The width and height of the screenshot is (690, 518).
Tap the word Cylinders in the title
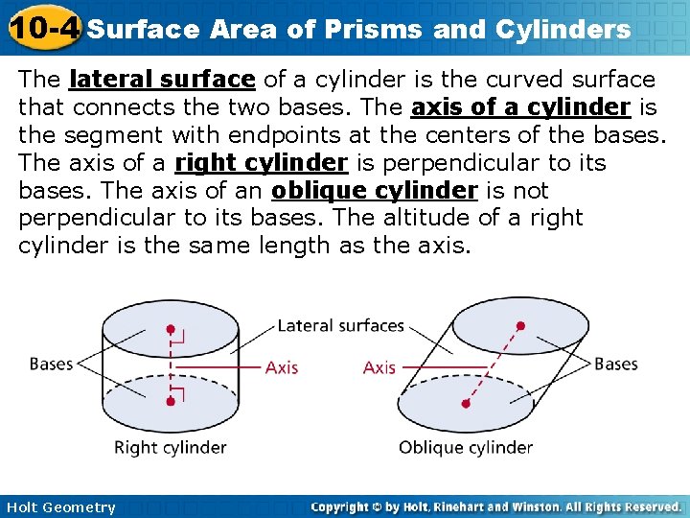tap(561, 30)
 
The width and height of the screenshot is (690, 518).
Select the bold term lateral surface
tap(162, 80)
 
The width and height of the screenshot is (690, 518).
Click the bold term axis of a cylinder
tap(520, 107)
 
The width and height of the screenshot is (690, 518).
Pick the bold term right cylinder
tap(260, 163)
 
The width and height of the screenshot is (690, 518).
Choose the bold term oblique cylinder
tap(375, 191)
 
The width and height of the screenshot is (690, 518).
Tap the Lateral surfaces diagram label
tap(340, 325)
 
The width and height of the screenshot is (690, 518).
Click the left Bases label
tap(51, 364)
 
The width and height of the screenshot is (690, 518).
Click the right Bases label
tap(615, 364)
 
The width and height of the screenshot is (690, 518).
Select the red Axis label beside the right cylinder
tap(282, 366)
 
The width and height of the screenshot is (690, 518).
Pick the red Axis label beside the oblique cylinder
tap(379, 366)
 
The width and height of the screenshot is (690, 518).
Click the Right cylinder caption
tap(170, 447)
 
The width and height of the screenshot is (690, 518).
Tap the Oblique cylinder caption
tap(466, 447)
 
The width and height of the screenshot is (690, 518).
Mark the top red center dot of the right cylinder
tap(171, 329)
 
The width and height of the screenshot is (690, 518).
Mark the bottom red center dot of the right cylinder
tap(171, 400)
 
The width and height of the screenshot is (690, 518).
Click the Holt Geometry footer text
tap(59, 507)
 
